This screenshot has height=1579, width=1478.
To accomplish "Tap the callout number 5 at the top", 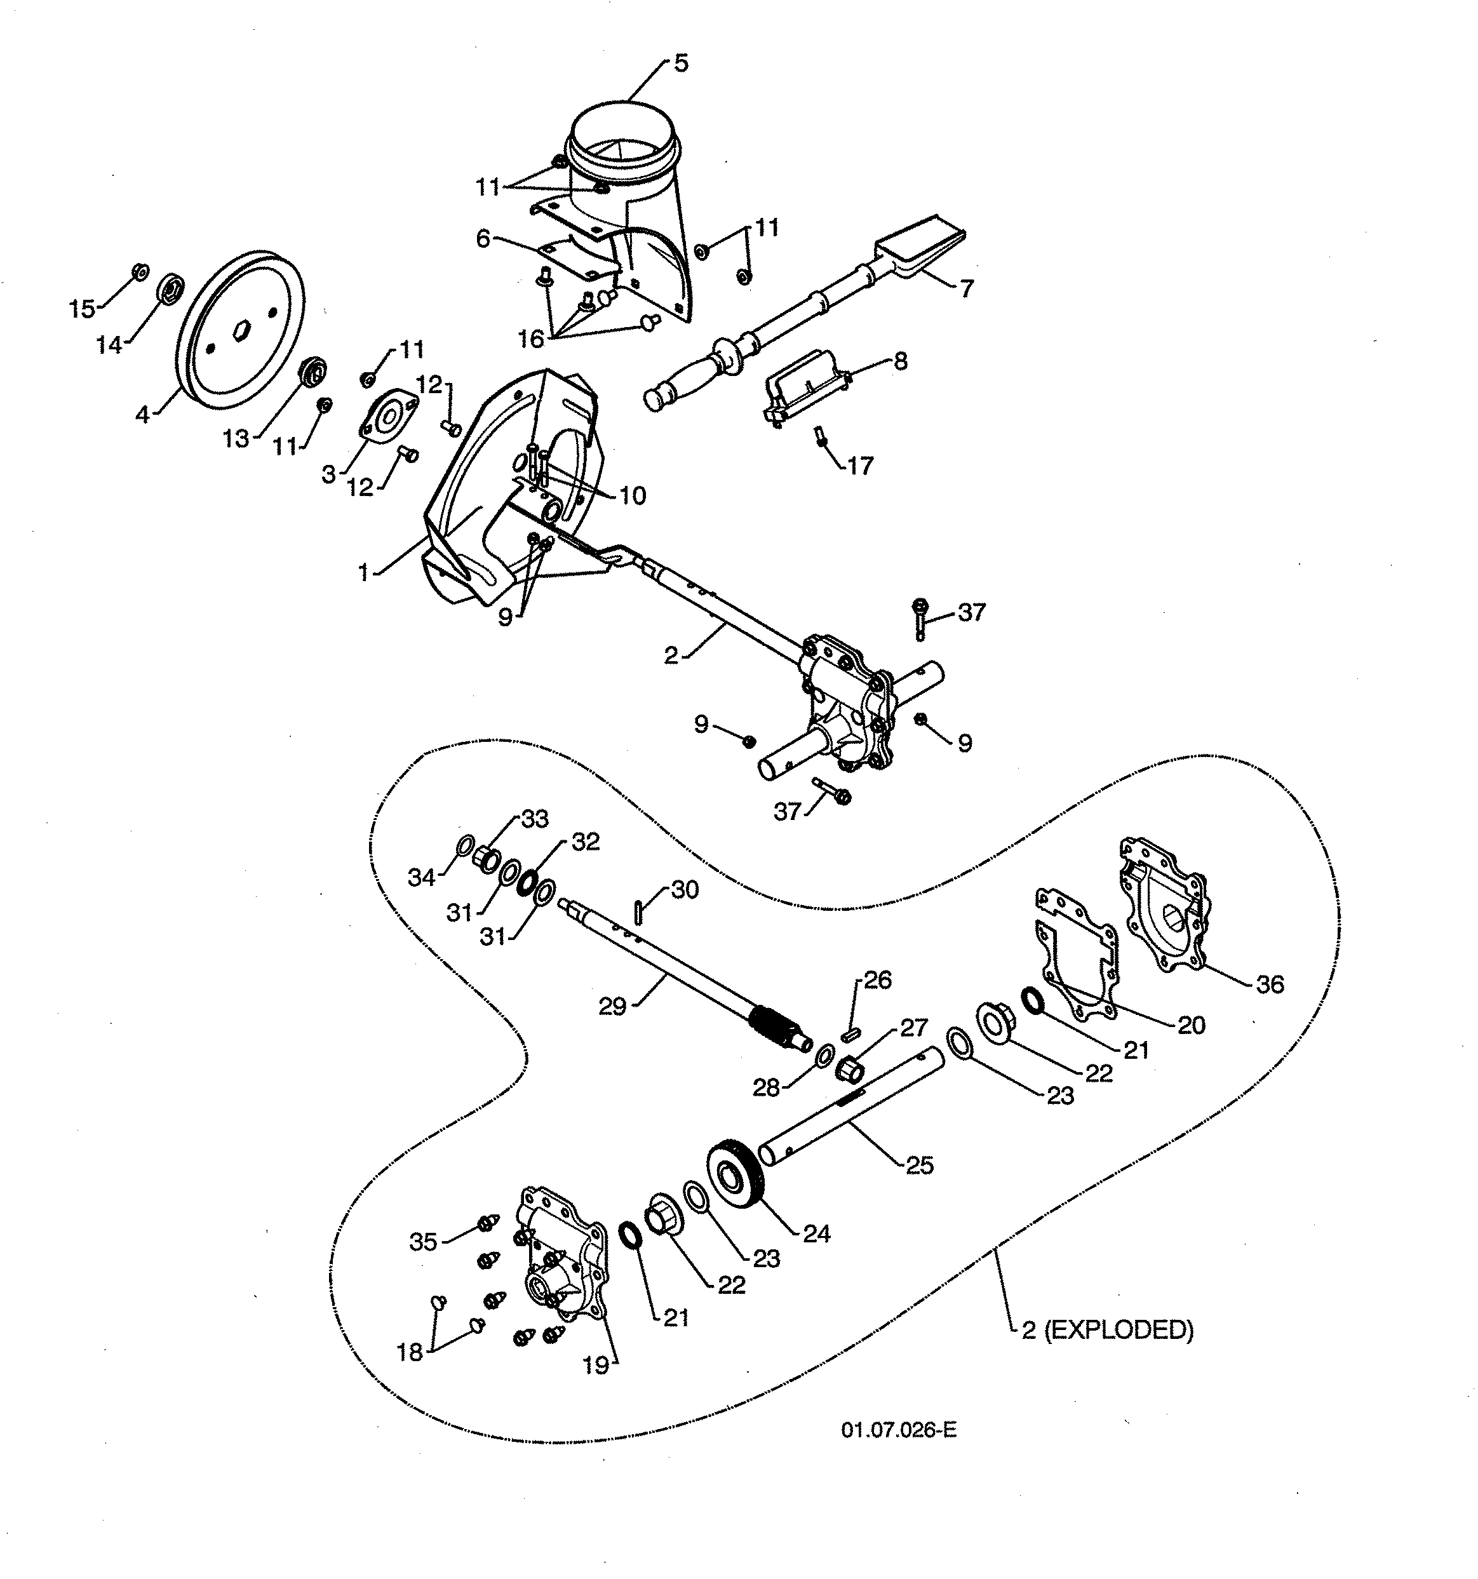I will point(681,64).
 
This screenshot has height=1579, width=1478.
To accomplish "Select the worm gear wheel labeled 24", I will point(735,1174).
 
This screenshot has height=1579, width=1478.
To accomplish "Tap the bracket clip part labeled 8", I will point(803,387).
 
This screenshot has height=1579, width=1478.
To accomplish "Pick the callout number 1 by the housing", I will point(364,572).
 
